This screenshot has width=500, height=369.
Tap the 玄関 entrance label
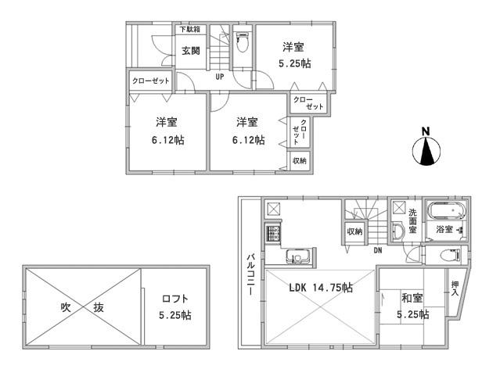click(191, 52)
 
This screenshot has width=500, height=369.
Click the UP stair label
click(220, 77)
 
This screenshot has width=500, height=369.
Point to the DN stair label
click(377, 250)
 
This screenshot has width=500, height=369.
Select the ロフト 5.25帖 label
click(175, 307)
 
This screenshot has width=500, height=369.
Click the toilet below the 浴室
click(449, 255)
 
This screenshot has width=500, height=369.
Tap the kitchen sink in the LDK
click(299, 256)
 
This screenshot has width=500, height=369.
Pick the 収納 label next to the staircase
click(354, 231)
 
